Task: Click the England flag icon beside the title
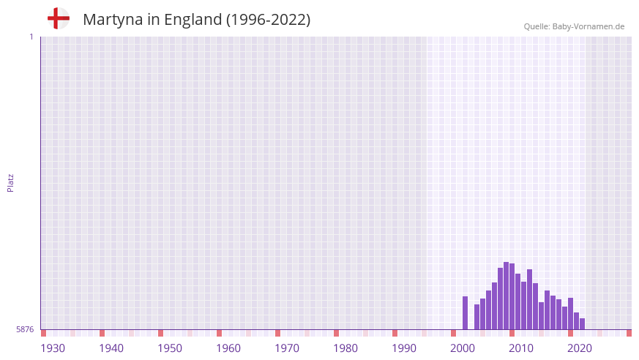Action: click(x=58, y=18)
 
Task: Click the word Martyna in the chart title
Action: click(x=112, y=20)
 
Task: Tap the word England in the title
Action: click(x=193, y=20)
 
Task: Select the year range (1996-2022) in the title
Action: click(x=268, y=20)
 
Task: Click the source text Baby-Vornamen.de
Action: click(x=588, y=26)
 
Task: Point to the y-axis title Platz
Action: click(x=10, y=183)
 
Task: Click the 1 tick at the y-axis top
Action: click(x=31, y=37)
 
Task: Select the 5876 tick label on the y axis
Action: click(x=25, y=330)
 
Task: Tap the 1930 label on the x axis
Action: click(x=53, y=348)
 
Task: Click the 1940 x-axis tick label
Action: click(x=111, y=348)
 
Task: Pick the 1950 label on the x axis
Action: click(x=170, y=348)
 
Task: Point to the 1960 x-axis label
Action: click(x=228, y=348)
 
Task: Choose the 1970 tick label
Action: click(x=287, y=348)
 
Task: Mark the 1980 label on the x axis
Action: click(x=345, y=348)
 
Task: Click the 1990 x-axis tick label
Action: click(x=404, y=348)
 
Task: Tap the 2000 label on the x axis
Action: click(x=463, y=348)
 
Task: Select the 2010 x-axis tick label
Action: click(x=521, y=348)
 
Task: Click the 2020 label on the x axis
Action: click(x=580, y=348)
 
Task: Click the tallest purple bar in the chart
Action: click(x=506, y=296)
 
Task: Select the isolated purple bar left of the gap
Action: click(x=465, y=313)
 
